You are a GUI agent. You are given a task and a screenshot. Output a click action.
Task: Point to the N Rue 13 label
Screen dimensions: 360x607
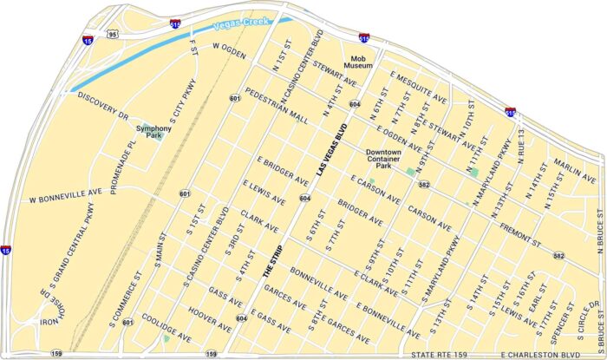[x=521, y=150]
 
